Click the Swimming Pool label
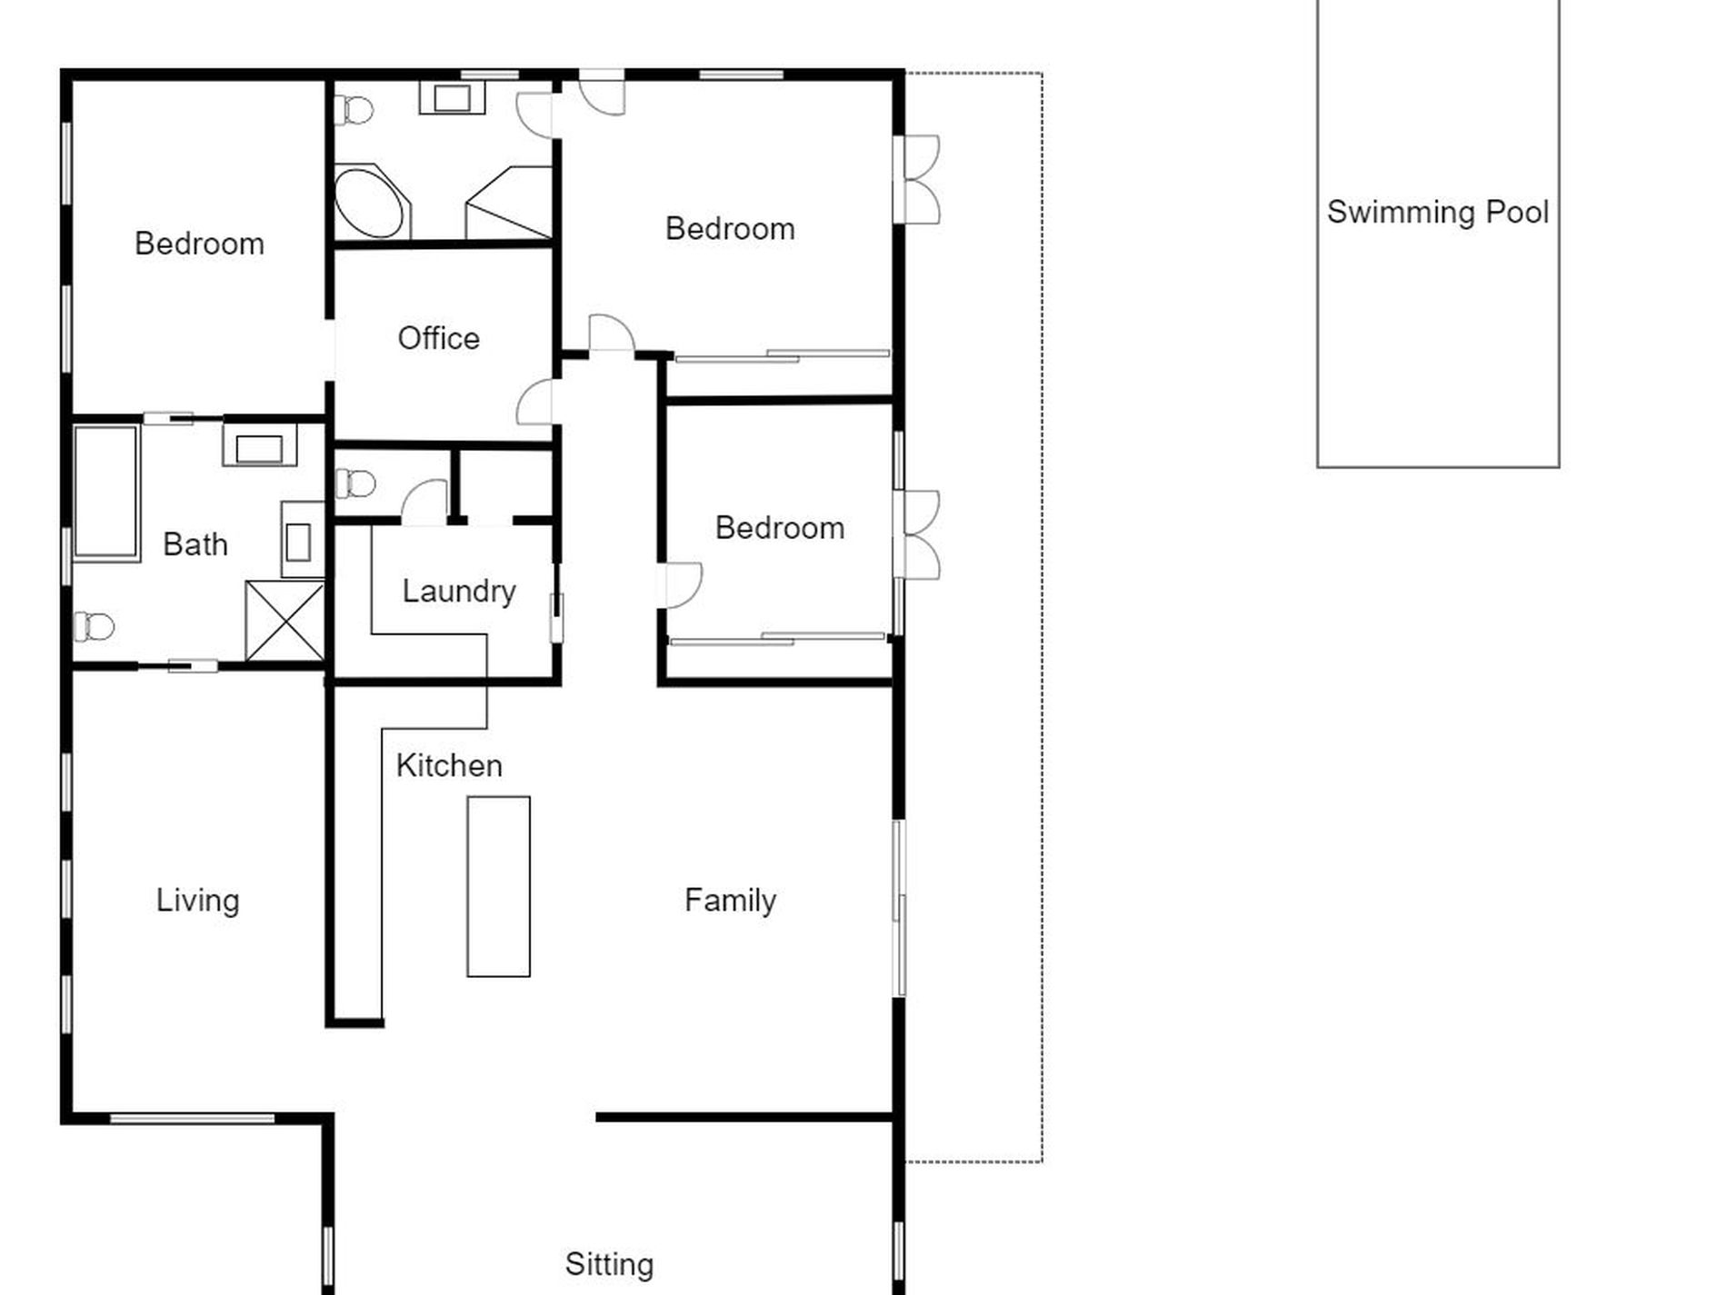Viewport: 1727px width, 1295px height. [x=1437, y=212]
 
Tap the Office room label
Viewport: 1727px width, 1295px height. [x=438, y=338]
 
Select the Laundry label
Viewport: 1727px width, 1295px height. [x=459, y=592]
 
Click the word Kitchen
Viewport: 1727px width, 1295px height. [x=449, y=765]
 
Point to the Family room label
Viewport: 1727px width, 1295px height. [x=730, y=901]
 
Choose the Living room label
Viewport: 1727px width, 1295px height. [x=197, y=901]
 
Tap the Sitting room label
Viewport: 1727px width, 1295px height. [x=609, y=1264]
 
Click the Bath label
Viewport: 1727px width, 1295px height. [x=195, y=544]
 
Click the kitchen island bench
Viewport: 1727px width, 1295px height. [x=498, y=887]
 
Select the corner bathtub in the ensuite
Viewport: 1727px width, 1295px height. [x=370, y=203]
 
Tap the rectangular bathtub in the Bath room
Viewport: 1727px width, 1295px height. [x=106, y=492]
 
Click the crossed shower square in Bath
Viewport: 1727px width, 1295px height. [x=285, y=622]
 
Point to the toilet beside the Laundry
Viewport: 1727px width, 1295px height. [x=355, y=483]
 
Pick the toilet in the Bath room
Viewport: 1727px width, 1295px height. [x=94, y=626]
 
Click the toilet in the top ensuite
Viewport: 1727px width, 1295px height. [x=354, y=111]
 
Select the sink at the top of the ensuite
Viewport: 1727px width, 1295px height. [x=452, y=97]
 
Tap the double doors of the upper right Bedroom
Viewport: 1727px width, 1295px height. [x=918, y=180]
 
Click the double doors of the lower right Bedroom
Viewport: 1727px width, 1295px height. [x=918, y=534]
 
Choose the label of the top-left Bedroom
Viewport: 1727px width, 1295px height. [x=199, y=244]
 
